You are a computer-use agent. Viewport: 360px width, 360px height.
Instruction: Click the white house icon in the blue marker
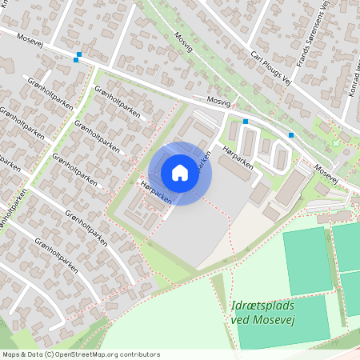180,173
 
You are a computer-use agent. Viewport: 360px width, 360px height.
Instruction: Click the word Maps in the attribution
11,354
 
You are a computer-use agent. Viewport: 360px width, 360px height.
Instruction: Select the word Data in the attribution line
35,354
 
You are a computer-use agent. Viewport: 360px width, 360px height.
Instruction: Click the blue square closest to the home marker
246,122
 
